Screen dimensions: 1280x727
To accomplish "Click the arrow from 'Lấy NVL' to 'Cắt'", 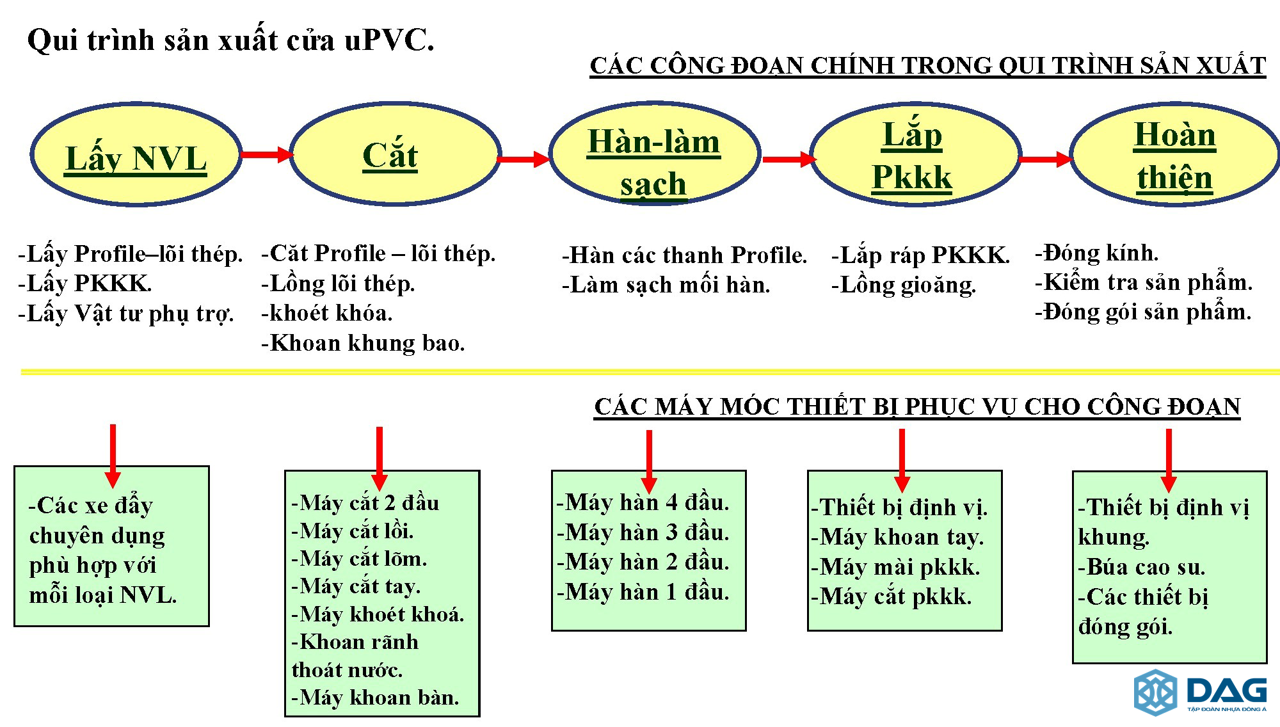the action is point(266,154).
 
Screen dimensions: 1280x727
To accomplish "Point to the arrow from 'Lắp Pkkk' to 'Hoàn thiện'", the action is point(1046,159).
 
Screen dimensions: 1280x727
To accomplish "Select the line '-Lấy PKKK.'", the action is point(85,283).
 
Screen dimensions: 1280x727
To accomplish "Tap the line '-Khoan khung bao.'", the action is point(363,343).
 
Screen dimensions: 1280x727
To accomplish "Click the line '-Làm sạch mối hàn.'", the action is point(666,285).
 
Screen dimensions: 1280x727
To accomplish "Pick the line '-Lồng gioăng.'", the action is point(904,285).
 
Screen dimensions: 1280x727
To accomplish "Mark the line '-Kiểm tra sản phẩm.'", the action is point(1144,282).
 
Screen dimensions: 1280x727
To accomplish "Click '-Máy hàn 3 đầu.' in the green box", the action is point(643,532).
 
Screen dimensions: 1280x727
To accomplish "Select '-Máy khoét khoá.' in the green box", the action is point(378,614).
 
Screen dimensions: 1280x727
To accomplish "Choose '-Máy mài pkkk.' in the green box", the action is point(895,567).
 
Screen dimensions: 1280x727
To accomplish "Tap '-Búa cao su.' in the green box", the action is point(1142,567).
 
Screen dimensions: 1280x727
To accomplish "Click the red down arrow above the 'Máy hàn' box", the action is point(649,461).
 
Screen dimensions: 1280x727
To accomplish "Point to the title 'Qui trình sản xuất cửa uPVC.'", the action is point(231,40).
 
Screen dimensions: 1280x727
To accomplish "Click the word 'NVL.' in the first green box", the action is point(148,595).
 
